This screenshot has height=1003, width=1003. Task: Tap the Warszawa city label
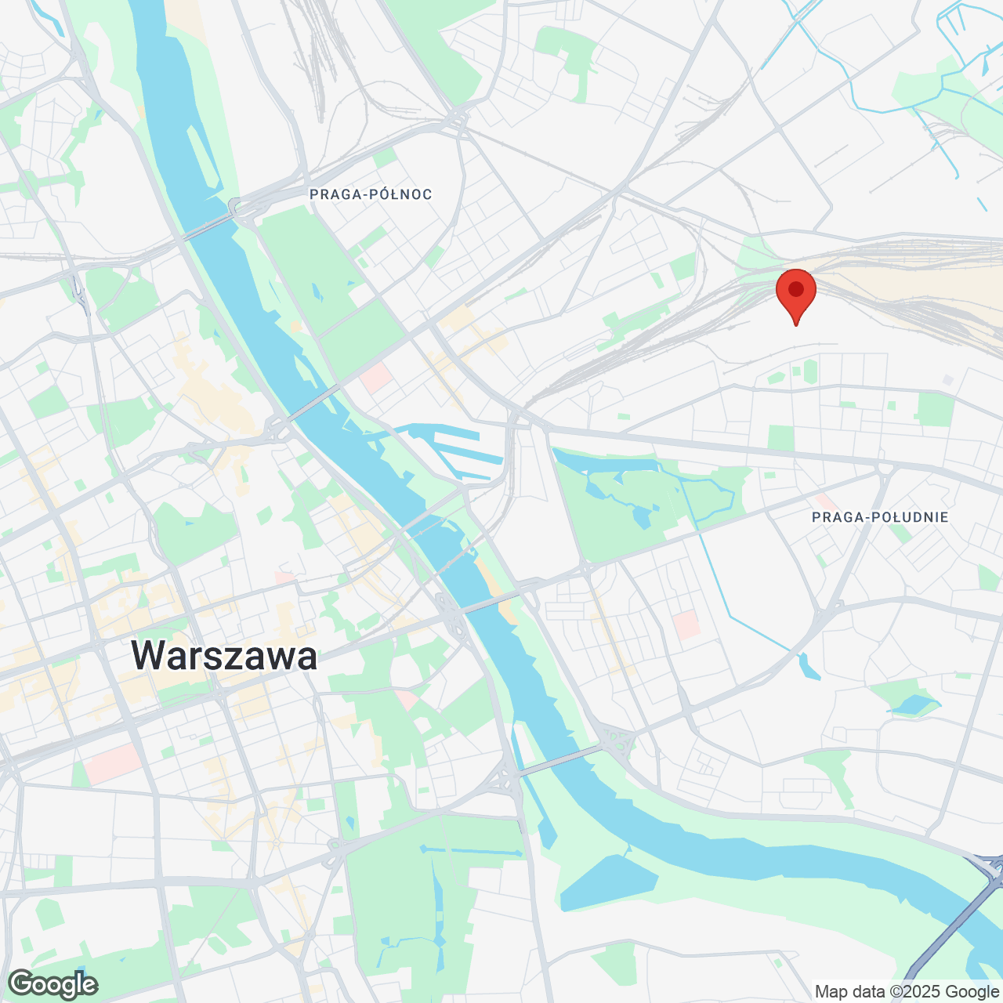click(224, 655)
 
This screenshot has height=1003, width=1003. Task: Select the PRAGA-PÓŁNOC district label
click(371, 194)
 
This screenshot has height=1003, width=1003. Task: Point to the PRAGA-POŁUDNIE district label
click(880, 517)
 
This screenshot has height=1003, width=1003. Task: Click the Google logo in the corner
click(53, 984)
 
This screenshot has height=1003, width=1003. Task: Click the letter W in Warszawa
click(148, 655)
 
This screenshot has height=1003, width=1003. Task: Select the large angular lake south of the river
click(607, 882)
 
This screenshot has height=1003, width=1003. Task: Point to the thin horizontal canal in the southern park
click(470, 851)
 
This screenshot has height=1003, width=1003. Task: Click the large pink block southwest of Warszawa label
click(113, 763)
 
